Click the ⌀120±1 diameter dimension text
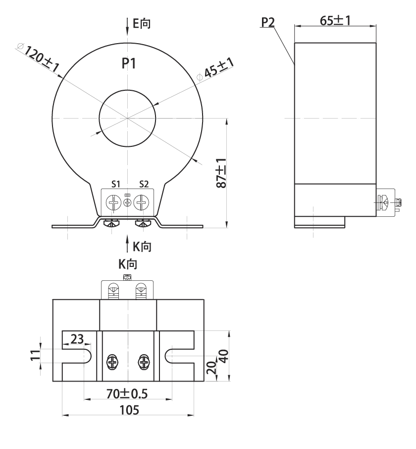click(38, 58)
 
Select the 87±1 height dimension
click(221, 173)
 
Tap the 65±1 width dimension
click(335, 21)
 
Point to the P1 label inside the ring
click(129, 64)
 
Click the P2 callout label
click(267, 22)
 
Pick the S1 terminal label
click(116, 184)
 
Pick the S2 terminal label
click(144, 184)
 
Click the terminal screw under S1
click(113, 203)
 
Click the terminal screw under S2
click(141, 203)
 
